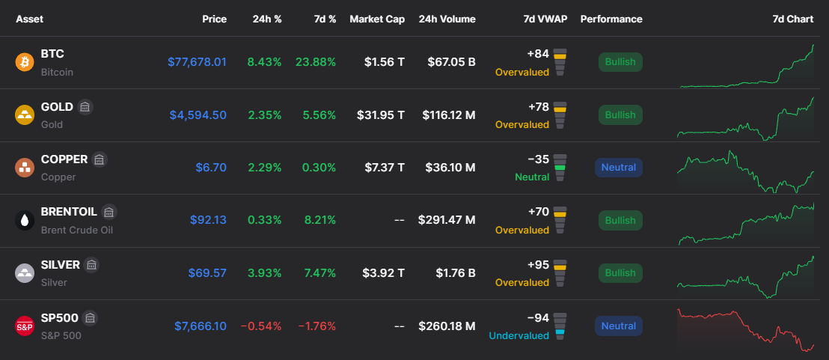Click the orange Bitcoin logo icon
(x=25, y=62)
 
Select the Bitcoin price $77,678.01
(x=197, y=62)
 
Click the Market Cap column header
(x=377, y=19)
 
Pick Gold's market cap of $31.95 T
(x=381, y=115)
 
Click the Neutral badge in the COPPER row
(x=619, y=168)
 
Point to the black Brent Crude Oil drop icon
(x=25, y=221)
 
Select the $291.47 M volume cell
(x=447, y=221)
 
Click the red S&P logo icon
(x=25, y=326)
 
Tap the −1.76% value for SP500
(x=316, y=326)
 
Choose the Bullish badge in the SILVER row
(x=620, y=272)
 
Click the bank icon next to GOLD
(x=85, y=107)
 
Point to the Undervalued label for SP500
(x=518, y=335)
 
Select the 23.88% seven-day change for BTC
(x=316, y=62)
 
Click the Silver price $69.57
(x=207, y=272)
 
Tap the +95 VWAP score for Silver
(x=539, y=264)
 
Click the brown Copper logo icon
(x=25, y=168)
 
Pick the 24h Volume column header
(x=447, y=19)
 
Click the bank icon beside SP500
(x=90, y=317)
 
